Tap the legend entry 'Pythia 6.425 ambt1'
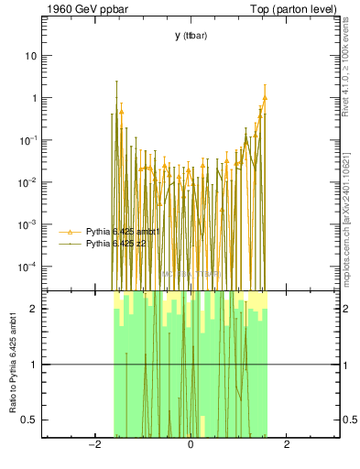pos(122,232)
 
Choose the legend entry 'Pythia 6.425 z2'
pos(116,244)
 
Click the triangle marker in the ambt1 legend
pos(71,232)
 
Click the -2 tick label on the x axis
pos(93,444)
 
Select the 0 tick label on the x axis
pos(191,444)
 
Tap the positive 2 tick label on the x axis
pos(287,444)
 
